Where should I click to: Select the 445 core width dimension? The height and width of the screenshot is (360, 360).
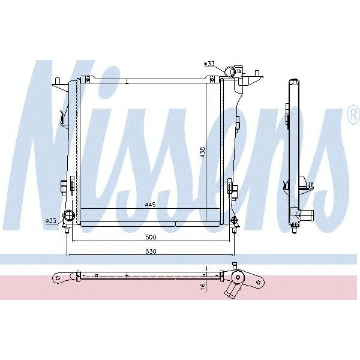pyautogui.click(x=150, y=205)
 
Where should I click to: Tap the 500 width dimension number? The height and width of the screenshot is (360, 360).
pyautogui.click(x=150, y=236)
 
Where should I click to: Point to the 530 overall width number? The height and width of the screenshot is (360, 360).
pyautogui.click(x=150, y=251)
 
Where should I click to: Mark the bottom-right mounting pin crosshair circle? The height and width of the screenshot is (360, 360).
pyautogui.click(x=233, y=220)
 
